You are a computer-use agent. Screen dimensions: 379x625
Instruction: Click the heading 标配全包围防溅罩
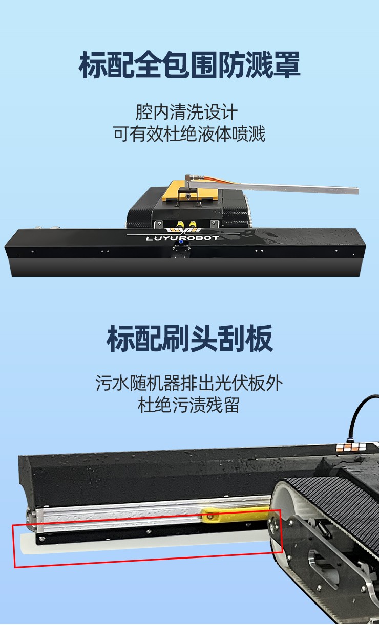click(x=189, y=65)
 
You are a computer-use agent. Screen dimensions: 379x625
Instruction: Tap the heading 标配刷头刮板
click(x=189, y=339)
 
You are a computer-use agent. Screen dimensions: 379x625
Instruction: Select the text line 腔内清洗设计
click(x=186, y=112)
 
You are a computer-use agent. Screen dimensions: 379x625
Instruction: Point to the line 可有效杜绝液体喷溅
click(x=189, y=133)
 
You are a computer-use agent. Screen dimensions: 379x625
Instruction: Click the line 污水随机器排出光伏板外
click(x=189, y=383)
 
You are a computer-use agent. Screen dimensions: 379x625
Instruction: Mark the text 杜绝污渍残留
click(x=188, y=405)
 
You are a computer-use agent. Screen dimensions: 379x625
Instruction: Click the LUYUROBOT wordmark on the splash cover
click(x=182, y=238)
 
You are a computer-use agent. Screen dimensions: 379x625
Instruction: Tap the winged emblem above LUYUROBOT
click(x=183, y=231)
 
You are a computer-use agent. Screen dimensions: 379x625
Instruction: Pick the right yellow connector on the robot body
click(x=192, y=224)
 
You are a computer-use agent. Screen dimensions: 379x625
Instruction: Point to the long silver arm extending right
click(x=272, y=186)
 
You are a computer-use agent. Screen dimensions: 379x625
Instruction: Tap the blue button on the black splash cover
click(x=181, y=242)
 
